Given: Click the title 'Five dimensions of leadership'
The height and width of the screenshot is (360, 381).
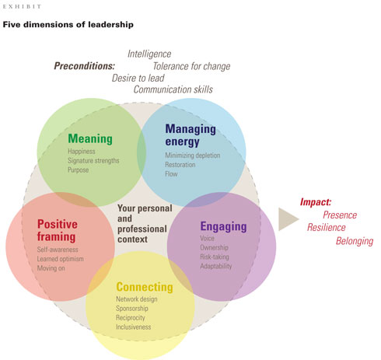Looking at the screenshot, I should pos(68,25).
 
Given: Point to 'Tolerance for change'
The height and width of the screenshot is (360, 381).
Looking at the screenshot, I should pos(191,66).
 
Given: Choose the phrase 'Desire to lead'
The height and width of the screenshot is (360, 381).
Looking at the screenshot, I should pos(145,78).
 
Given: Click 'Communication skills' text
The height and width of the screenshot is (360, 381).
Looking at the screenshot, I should pos(173,89).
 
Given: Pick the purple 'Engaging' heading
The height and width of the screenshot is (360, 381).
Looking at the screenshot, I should pos(223,227).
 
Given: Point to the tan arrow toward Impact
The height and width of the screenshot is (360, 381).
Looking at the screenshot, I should pos(288,219).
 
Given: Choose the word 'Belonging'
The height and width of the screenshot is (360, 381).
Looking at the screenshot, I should pos(355,241).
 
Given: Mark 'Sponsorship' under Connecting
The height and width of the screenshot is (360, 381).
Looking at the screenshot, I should pos(136,308).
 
